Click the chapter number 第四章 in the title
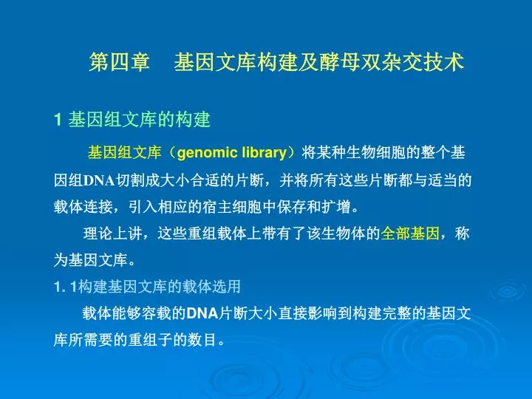(119, 62)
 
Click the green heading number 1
(58, 120)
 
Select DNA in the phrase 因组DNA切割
(99, 180)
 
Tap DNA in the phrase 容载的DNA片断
(202, 313)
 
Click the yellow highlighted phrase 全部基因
(410, 233)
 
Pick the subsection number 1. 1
(66, 287)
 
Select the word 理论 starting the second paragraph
(98, 233)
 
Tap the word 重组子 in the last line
(150, 340)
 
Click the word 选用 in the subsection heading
(226, 287)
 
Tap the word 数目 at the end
(202, 340)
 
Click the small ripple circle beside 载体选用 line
(508, 291)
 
